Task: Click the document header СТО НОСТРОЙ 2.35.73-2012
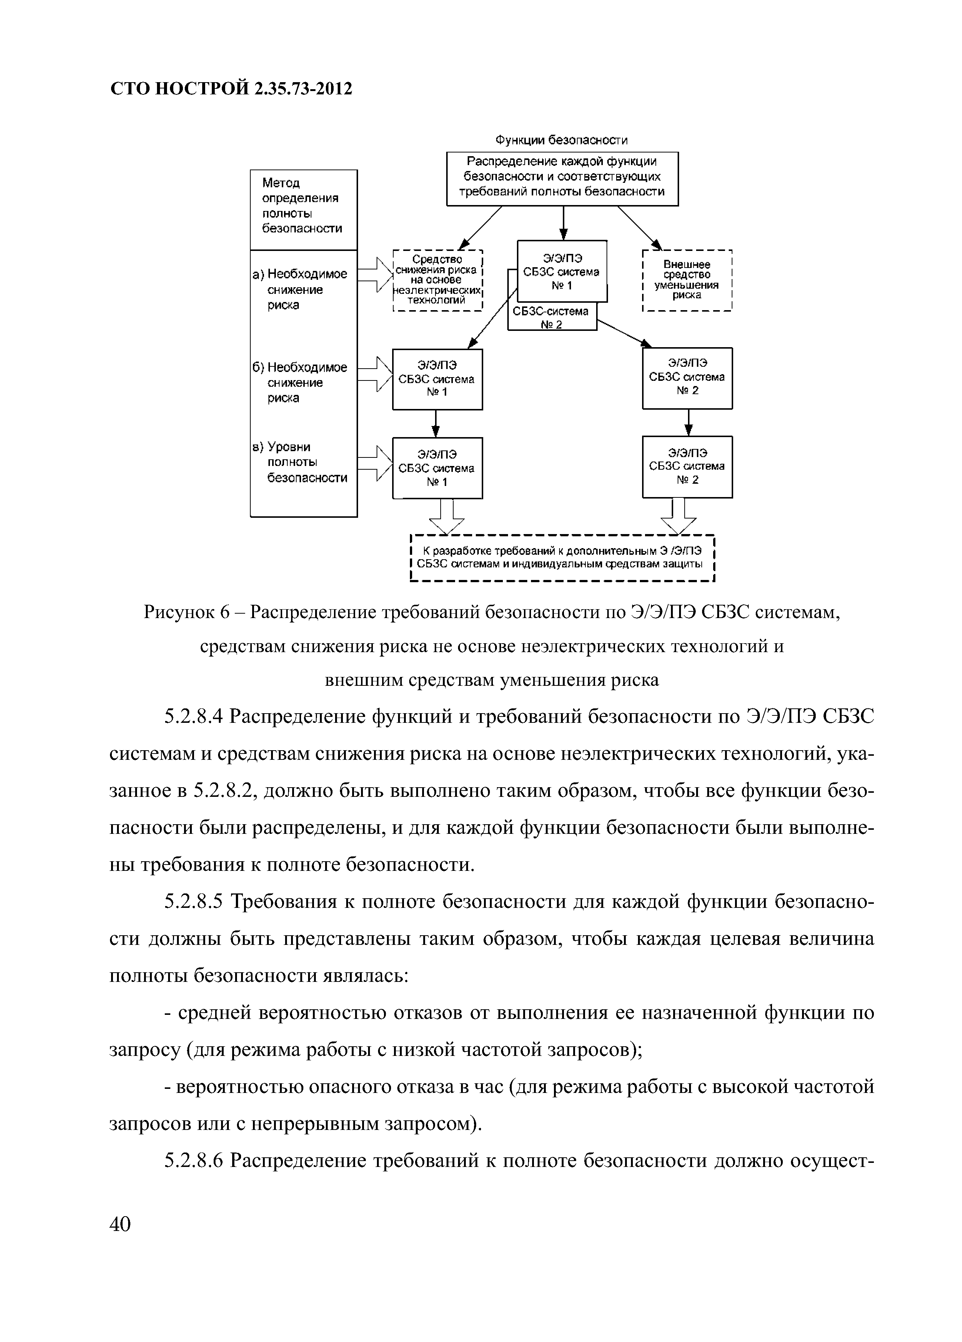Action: [231, 89]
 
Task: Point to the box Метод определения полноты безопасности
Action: [303, 207]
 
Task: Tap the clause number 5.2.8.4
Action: [193, 717]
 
